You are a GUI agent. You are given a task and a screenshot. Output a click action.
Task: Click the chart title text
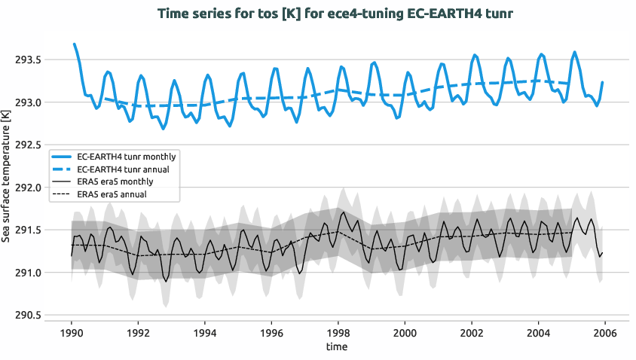[336, 14]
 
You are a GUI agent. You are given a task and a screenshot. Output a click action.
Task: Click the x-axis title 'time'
[337, 346]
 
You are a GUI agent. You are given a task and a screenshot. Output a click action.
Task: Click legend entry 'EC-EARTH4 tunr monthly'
[127, 157]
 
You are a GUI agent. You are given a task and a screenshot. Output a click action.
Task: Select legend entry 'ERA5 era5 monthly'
[115, 182]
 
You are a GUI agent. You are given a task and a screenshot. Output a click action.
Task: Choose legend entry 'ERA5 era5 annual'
[112, 194]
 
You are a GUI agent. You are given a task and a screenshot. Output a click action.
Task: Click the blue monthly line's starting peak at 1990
[74, 44]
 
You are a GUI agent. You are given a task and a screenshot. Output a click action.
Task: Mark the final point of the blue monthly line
[602, 82]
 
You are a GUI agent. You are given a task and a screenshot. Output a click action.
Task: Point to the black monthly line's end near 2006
[602, 253]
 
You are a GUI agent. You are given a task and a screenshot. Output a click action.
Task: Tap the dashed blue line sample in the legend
[63, 169]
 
